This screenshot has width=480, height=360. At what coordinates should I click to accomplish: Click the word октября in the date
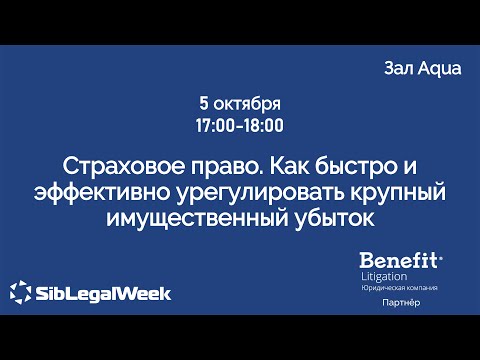click(247, 104)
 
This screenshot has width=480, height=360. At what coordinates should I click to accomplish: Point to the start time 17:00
click(216, 126)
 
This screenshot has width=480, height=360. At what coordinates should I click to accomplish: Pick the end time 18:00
click(263, 126)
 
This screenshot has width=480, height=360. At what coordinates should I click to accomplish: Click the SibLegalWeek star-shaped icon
click(20, 294)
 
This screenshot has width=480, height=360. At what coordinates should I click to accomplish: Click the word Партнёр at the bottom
click(400, 303)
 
